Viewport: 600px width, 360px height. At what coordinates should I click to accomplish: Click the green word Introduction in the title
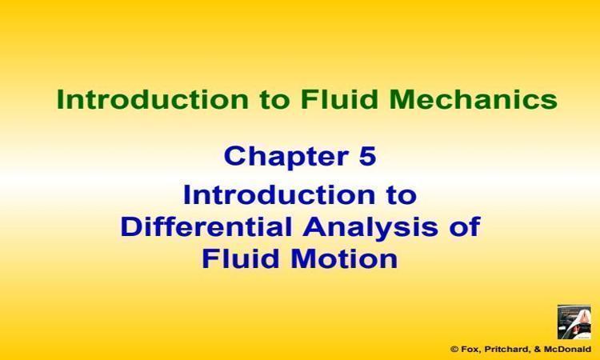coord(153,99)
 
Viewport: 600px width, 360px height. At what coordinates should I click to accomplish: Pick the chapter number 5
coord(367,156)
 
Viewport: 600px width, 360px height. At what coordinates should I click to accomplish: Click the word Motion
coord(344,258)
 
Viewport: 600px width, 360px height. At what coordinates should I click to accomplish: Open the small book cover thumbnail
coord(574,322)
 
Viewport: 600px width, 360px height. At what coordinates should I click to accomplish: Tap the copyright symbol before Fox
coord(454,350)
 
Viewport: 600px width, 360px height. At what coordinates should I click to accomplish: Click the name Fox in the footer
coord(469,350)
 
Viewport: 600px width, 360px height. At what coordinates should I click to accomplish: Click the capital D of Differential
coord(130,227)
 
